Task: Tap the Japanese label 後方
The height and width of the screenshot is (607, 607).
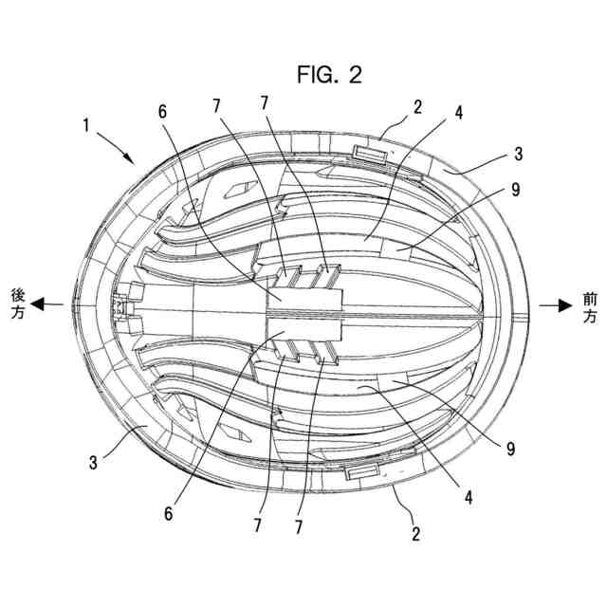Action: tap(16, 305)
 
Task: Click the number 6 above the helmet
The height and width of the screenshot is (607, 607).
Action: tap(162, 111)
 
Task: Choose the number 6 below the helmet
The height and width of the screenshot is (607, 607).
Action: tap(168, 512)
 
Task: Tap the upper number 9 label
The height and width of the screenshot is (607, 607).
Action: tap(514, 190)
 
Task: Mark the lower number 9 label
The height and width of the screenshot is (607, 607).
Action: tap(510, 447)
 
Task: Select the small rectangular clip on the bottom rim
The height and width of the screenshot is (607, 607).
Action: tap(362, 470)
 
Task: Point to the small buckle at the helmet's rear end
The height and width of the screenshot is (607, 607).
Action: tap(120, 306)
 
